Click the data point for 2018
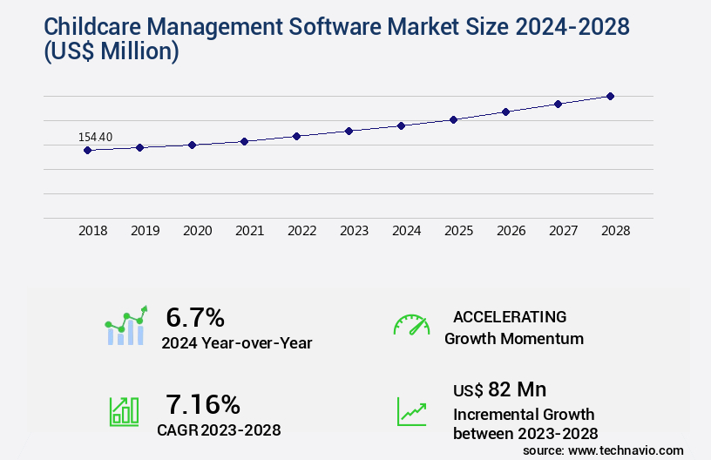tap(87, 150)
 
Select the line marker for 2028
tap(610, 96)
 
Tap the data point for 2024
tap(401, 125)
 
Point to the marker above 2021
tap(244, 141)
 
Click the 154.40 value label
tap(95, 137)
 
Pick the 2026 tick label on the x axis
tap(511, 231)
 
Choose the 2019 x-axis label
tap(145, 231)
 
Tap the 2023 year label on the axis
tap(354, 231)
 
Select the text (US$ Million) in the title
tap(110, 52)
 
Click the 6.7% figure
tap(195, 317)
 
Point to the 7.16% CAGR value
tap(202, 404)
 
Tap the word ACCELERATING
tap(510, 316)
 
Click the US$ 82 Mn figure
tap(500, 389)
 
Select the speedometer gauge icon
tap(411, 325)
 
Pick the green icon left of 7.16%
tap(124, 410)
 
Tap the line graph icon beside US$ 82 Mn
tap(411, 411)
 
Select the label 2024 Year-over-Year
tap(236, 343)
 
